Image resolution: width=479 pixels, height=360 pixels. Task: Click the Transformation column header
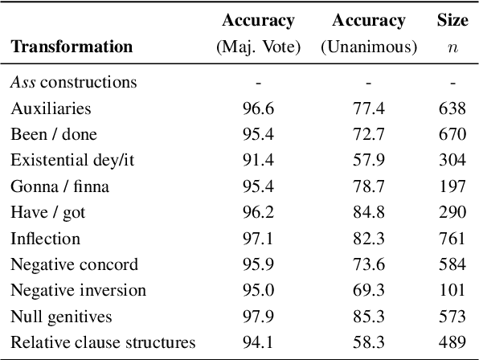tap(72, 47)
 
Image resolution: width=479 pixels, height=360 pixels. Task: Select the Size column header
tap(452, 20)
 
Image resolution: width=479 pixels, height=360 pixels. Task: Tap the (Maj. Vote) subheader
tap(258, 47)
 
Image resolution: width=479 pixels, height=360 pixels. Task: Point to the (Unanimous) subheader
tap(368, 47)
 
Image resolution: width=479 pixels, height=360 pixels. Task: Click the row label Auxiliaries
tap(51, 108)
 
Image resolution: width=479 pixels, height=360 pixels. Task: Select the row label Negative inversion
tap(78, 290)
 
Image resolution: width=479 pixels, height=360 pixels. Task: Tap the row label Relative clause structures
tap(103, 342)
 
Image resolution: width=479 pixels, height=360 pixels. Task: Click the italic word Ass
tap(23, 82)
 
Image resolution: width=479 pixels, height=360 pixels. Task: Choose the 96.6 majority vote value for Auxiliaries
tap(258, 108)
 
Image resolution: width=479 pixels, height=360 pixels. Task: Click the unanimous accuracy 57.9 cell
tap(368, 160)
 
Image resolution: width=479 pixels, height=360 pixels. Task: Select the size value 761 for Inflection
tap(452, 238)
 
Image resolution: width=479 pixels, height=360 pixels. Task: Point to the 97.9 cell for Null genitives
tap(258, 317)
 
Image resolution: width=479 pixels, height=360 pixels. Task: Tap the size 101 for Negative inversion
tap(452, 290)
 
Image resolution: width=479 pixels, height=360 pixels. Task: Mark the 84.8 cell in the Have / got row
tap(368, 212)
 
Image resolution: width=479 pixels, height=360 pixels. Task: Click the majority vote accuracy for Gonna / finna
tap(258, 186)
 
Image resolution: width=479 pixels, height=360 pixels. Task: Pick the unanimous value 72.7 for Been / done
tap(368, 134)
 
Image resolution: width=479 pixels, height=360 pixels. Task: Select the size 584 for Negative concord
tap(452, 264)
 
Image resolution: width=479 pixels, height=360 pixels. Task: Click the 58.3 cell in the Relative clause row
tap(368, 342)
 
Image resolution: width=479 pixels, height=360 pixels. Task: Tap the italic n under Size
tap(452, 47)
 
